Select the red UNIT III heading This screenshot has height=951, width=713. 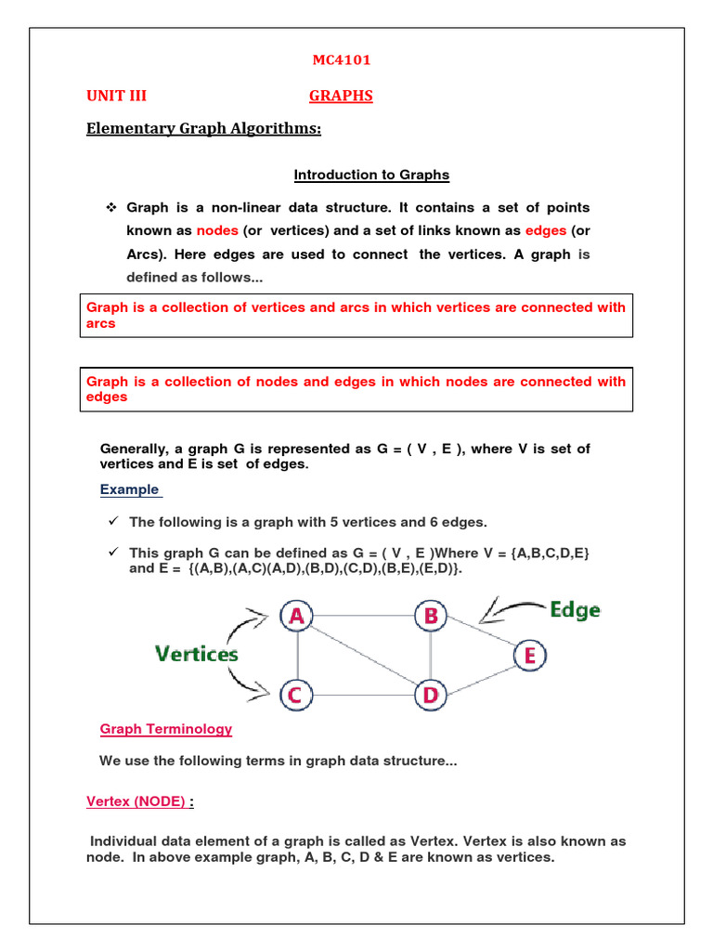[116, 96]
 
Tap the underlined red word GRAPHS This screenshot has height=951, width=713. [340, 96]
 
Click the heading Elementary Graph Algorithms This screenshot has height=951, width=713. [203, 129]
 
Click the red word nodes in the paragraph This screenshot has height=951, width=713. [216, 230]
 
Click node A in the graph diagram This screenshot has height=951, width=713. [297, 616]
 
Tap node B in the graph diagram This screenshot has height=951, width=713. [431, 616]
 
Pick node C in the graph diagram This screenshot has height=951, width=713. [297, 694]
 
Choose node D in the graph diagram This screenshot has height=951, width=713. [431, 694]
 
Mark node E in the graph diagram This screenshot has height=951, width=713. [529, 656]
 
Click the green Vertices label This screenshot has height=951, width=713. [196, 655]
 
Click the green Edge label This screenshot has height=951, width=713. [575, 610]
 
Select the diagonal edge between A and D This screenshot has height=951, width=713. [364, 655]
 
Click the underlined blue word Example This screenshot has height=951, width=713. [130, 489]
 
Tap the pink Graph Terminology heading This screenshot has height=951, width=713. [165, 729]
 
